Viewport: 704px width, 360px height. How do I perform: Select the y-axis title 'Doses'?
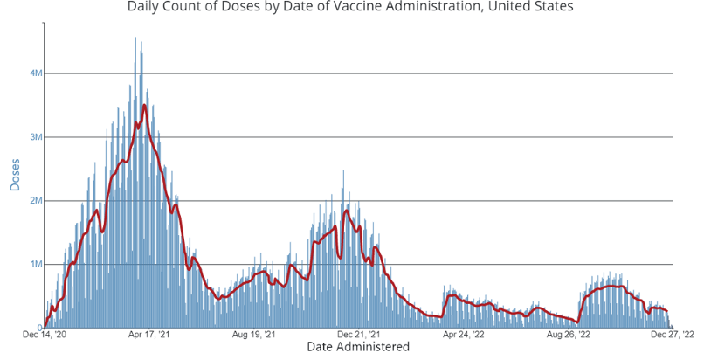[x=15, y=175]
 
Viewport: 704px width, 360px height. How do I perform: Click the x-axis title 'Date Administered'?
[x=358, y=347]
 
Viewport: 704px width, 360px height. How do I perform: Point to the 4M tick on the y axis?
[x=35, y=73]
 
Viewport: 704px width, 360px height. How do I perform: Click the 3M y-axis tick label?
[x=35, y=137]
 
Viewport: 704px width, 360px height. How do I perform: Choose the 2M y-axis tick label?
[x=35, y=201]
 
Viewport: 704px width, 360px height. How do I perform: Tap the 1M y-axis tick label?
[x=35, y=264]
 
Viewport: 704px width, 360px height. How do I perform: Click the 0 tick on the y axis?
[x=39, y=328]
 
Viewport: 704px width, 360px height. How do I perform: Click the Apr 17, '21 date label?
[x=148, y=335]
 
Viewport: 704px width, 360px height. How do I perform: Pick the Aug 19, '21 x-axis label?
[x=254, y=335]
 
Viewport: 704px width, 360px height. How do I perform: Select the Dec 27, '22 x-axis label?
[x=672, y=335]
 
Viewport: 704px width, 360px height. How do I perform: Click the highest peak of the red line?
[x=144, y=106]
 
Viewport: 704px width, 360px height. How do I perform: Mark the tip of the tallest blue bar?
[x=135, y=38]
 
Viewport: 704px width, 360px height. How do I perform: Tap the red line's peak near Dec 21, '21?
[x=347, y=210]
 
